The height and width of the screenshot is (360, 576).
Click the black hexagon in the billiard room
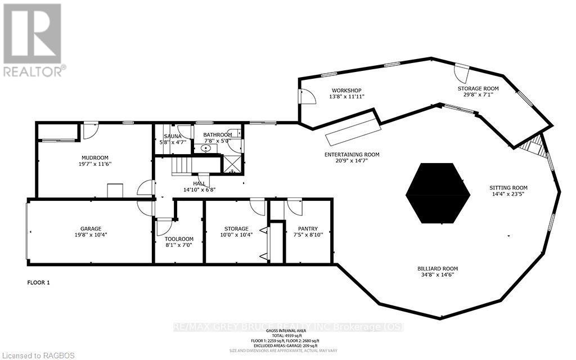tap(438, 193)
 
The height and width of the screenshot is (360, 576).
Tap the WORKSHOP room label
tap(346, 91)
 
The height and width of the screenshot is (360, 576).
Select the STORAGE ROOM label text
tap(478, 89)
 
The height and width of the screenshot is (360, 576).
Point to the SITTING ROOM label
tap(508, 188)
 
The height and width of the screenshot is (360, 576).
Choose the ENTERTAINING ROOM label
tap(352, 155)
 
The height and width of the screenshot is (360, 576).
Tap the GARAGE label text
tap(90, 228)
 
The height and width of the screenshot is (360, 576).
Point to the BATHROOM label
tap(217, 135)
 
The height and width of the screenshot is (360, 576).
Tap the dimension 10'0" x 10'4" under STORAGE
tap(236, 235)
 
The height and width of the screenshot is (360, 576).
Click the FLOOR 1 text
tap(39, 282)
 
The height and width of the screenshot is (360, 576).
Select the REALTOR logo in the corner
tap(33, 39)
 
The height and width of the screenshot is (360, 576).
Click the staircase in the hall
tap(182, 166)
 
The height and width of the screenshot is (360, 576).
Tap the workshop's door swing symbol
tap(308, 97)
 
